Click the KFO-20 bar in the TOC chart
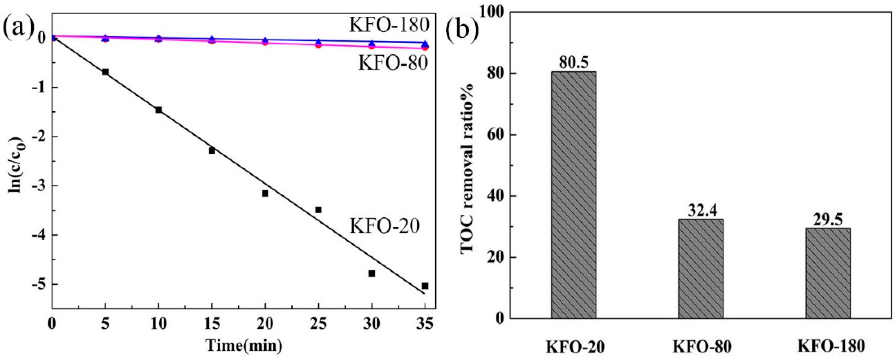(x=574, y=194)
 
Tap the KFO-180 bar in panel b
(x=828, y=273)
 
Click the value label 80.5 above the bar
(x=574, y=63)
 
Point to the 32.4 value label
(x=701, y=210)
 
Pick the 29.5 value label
(x=828, y=219)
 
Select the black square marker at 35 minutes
(x=425, y=286)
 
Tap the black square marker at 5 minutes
(x=105, y=72)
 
